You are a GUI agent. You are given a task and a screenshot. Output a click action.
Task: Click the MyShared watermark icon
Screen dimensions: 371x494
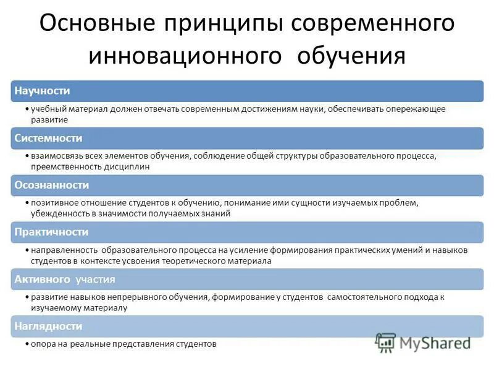pyautogui.click(x=386, y=341)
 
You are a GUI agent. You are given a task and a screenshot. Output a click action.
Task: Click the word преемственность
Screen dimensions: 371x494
pyautogui.click(x=61, y=166)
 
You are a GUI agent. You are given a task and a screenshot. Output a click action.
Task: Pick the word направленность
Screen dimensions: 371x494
pyautogui.click(x=61, y=250)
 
